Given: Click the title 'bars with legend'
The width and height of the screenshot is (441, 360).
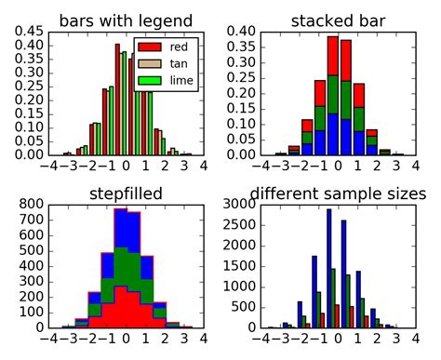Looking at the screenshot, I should [x=127, y=20].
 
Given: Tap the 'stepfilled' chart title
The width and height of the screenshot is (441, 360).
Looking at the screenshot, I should [x=127, y=193].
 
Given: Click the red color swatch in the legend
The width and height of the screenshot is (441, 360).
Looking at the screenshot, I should [x=151, y=46].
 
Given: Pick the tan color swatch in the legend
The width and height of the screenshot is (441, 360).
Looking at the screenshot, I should [x=151, y=63].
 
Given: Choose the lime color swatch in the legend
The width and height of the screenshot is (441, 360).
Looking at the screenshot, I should [x=151, y=81].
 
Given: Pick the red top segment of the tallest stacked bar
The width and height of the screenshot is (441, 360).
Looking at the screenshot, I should [x=333, y=58].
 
